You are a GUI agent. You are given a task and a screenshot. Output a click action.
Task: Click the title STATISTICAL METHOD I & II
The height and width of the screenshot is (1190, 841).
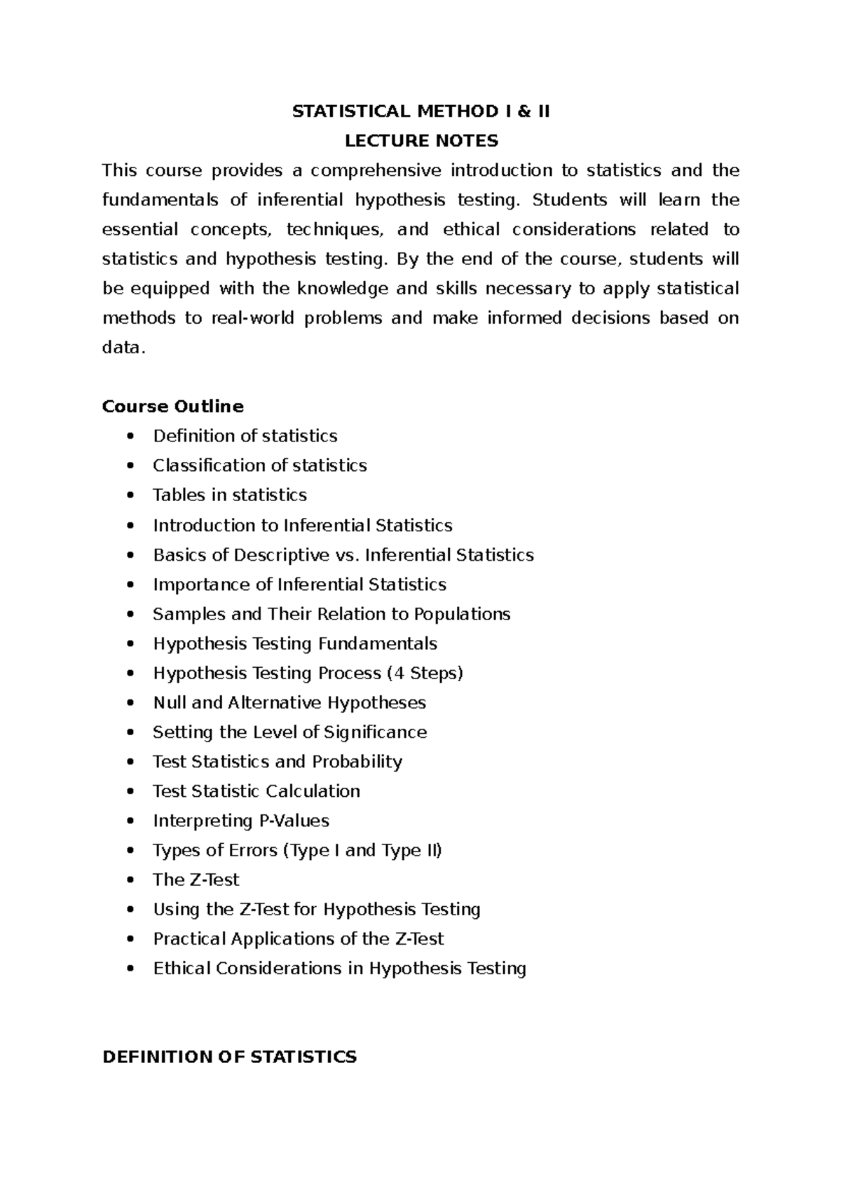pos(420,111)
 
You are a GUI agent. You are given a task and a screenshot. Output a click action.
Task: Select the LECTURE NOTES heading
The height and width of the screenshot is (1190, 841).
pos(420,141)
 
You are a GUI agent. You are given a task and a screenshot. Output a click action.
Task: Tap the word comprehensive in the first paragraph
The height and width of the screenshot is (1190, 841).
pos(376,170)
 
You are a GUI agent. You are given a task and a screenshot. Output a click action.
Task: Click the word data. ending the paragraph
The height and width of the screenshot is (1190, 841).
pos(124,348)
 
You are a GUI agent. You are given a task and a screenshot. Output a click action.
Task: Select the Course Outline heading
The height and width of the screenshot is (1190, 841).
pos(172,406)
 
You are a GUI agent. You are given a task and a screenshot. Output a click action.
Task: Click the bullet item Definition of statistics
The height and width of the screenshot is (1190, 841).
pos(245,436)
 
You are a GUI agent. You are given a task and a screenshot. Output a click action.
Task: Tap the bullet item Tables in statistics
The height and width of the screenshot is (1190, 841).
pos(229,495)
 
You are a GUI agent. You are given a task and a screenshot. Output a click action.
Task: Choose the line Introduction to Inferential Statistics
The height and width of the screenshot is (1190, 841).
pos(302,526)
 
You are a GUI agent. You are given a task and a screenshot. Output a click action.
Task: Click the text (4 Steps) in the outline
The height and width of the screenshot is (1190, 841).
pos(425,673)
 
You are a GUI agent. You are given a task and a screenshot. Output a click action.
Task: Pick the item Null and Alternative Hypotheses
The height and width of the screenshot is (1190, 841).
pos(289,702)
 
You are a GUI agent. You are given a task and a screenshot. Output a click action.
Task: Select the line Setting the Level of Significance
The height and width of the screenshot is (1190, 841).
pos(289,732)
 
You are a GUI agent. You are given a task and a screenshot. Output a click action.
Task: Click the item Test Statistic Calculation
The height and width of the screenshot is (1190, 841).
pos(256,791)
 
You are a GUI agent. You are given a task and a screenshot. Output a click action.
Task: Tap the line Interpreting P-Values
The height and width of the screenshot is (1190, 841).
pos(240,820)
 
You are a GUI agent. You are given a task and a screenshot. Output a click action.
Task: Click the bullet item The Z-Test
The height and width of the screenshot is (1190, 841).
pos(196,880)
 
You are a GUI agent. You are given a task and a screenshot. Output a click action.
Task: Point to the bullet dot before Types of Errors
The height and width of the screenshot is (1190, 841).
pos(130,851)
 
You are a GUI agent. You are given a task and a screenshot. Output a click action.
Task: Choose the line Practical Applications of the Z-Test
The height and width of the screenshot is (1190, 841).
pos(298,938)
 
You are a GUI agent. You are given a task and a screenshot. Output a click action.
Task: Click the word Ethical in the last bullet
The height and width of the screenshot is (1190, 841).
pos(182,968)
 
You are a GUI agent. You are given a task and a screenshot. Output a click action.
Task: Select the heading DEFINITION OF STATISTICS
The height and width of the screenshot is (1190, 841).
pos(229,1057)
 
